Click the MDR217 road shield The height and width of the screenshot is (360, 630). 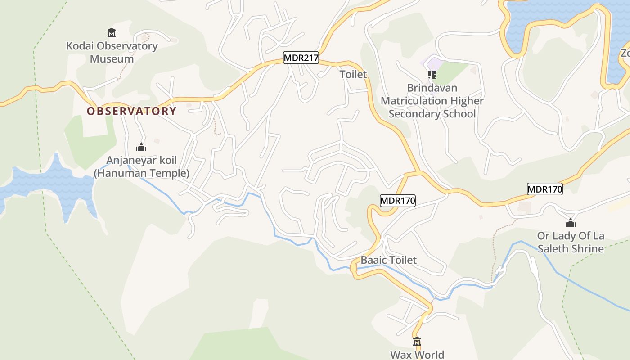(301, 58)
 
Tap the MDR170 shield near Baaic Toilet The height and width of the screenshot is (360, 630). (397, 200)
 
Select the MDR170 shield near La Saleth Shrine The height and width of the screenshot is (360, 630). (545, 189)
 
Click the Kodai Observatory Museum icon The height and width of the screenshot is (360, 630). (112, 32)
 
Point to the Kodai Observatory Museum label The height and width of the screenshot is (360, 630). (112, 52)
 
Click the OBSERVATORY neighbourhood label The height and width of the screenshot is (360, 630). (131, 111)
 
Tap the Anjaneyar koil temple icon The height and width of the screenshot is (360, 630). (141, 147)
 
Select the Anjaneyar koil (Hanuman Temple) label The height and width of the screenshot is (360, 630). (141, 166)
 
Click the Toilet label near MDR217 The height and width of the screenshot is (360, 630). (353, 74)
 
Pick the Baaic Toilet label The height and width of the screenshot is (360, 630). (389, 260)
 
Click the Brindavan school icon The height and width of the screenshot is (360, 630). (432, 74)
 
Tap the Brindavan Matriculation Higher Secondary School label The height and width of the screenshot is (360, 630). (432, 101)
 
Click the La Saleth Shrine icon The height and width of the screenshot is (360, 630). (571, 223)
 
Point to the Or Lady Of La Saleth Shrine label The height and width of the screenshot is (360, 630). (571, 242)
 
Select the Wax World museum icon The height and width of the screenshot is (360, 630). (417, 342)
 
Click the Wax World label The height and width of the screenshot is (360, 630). (417, 355)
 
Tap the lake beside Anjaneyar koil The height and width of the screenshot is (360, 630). (54, 184)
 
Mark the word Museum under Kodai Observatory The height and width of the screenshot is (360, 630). (112, 59)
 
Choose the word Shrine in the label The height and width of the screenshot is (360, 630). (587, 249)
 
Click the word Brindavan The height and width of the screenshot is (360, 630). (432, 88)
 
